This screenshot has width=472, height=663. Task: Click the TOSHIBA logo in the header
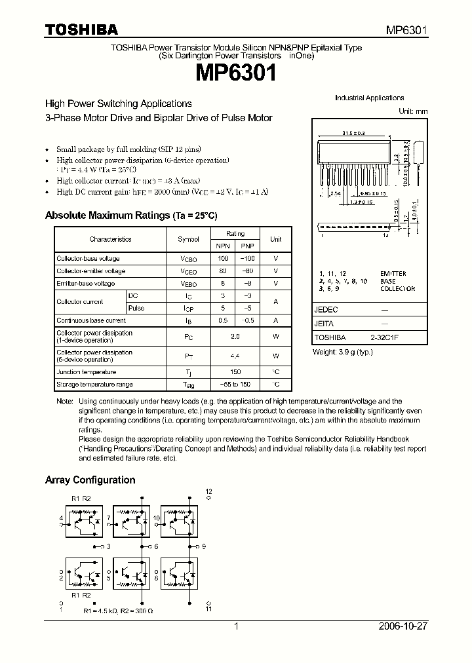pos(81,29)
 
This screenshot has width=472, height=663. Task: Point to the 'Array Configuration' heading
pos(90,480)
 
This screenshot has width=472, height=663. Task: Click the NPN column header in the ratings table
pos(223,246)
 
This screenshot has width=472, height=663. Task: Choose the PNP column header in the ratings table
pos(248,246)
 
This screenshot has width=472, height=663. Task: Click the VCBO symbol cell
pos(188,259)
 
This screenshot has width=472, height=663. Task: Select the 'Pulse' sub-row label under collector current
pos(136,308)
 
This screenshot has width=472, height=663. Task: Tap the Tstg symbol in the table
pos(188,385)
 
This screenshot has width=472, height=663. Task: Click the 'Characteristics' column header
pos(110,239)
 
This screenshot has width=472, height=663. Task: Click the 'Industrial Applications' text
pos(369,98)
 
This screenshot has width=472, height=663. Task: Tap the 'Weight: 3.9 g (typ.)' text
pos(342,352)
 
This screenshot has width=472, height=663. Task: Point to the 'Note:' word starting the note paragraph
pos(64,401)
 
